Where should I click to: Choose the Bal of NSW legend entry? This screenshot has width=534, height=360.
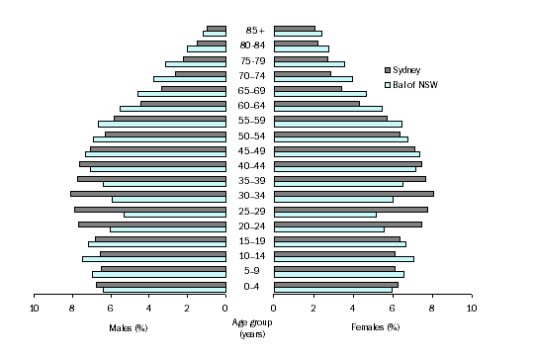[414, 84]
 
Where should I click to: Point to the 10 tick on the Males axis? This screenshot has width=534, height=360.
[34, 309]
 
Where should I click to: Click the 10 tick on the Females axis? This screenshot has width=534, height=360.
[471, 309]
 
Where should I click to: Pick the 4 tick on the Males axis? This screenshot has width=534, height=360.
[148, 309]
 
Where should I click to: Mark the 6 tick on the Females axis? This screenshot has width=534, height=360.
[393, 309]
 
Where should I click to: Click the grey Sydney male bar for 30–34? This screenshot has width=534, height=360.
[148, 193]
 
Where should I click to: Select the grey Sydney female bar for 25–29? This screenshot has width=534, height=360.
[350, 209]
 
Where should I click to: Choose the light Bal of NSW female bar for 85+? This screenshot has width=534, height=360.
[298, 34]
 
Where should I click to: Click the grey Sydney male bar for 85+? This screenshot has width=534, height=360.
[217, 28]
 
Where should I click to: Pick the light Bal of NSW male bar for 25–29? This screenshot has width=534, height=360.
[175, 214]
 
